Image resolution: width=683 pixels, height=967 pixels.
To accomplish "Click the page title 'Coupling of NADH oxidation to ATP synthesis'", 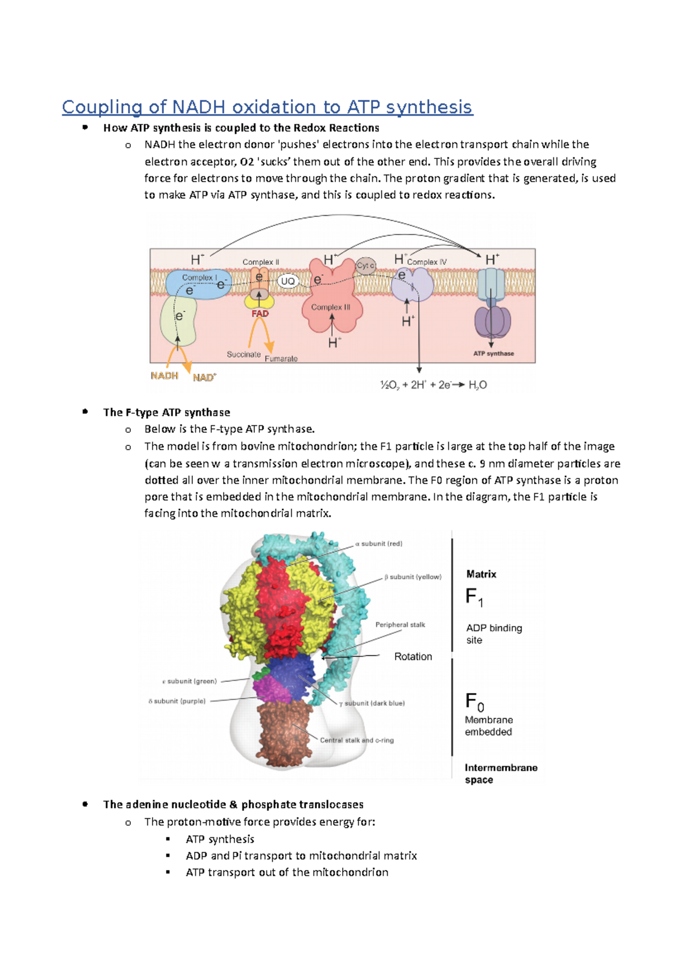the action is (267, 107).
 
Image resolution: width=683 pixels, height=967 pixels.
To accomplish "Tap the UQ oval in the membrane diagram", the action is (288, 281).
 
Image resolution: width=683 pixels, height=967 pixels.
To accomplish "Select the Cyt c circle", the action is (365, 266).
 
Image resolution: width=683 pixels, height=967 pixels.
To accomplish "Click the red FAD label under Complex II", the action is (260, 314).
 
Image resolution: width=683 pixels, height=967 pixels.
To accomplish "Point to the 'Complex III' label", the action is (331, 307).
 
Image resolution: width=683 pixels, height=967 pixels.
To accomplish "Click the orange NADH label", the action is (164, 376).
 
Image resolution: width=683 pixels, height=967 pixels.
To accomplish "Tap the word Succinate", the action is (244, 354).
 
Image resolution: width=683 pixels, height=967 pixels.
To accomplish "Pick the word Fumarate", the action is (281, 359).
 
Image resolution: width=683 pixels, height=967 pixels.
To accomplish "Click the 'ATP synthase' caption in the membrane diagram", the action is (493, 354).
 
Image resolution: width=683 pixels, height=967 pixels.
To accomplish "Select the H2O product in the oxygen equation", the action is (478, 385).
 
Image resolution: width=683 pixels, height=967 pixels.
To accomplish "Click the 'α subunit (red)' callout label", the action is (378, 544).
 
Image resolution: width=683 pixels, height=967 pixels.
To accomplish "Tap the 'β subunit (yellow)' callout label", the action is (413, 577).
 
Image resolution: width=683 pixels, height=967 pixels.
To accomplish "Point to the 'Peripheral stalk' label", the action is (400, 625).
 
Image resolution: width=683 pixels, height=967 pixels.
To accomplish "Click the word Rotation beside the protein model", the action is (413, 657).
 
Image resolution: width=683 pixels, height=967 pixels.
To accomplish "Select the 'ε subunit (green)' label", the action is (190, 681).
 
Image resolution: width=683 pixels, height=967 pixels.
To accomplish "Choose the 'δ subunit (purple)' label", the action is (177, 701).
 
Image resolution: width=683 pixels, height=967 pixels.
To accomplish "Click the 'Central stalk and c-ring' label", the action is (357, 740).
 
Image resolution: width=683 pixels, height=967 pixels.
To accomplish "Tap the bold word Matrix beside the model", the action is (482, 574).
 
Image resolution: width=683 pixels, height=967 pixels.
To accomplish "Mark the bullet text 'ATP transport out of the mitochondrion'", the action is (287, 872).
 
